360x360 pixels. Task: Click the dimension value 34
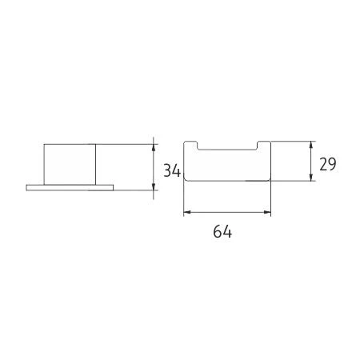[x=172, y=170]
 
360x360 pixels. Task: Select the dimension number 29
[x=328, y=164]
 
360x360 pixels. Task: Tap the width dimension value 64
[x=222, y=231]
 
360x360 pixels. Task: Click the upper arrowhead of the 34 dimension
[x=154, y=148]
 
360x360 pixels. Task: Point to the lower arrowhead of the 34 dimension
[x=154, y=186]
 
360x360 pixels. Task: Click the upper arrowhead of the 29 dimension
[x=310, y=146]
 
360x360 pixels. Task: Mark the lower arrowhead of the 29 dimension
[x=310, y=177]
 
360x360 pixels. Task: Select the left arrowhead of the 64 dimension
[x=188, y=212]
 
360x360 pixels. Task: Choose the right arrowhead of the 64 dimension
[x=267, y=212]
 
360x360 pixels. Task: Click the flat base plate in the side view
[x=70, y=188]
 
